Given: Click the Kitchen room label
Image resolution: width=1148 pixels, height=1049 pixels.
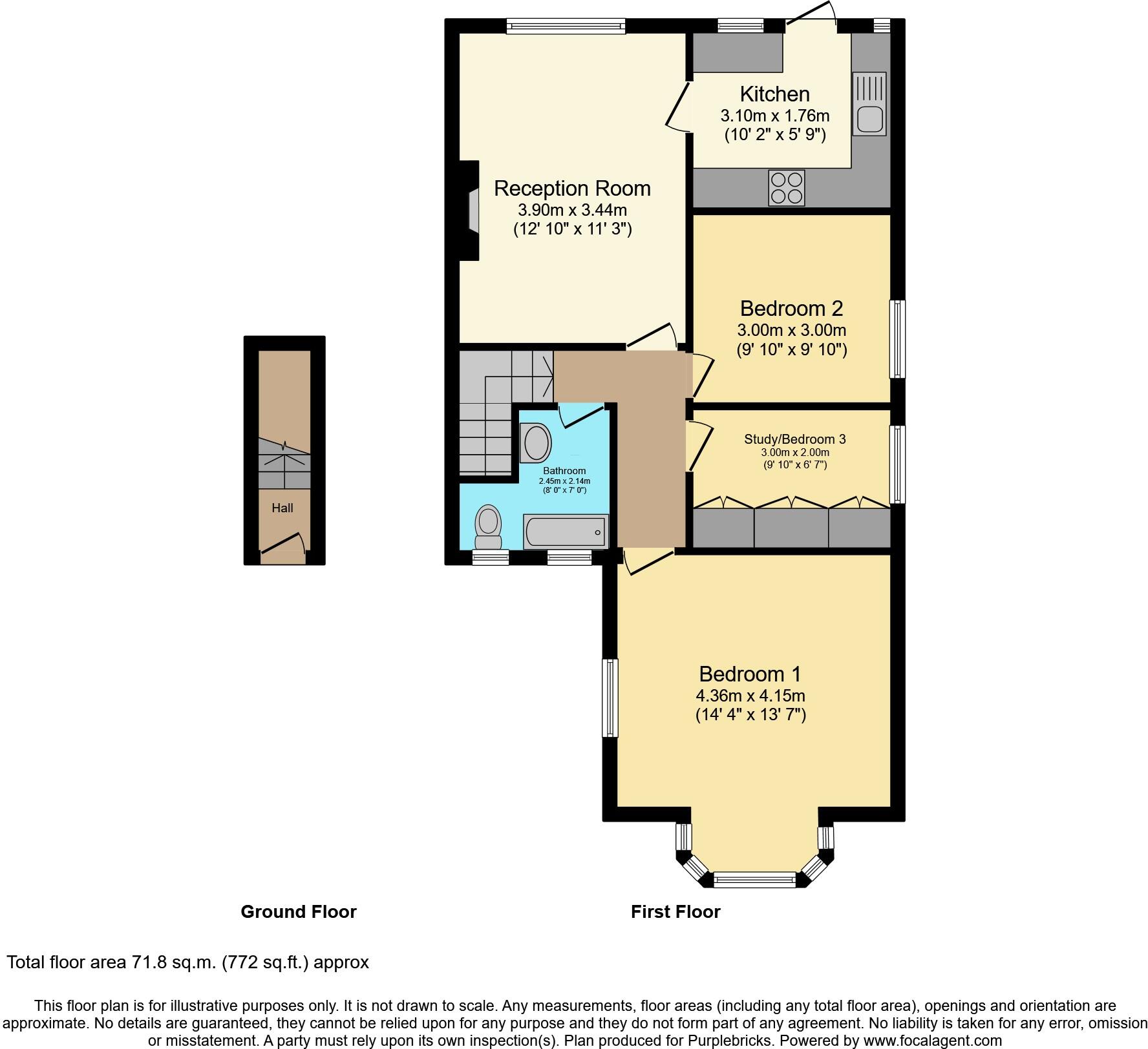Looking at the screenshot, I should click(774, 94).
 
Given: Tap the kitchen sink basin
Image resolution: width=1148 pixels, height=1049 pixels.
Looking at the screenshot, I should click(869, 118).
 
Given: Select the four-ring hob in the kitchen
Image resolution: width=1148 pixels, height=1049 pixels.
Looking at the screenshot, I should click(786, 187).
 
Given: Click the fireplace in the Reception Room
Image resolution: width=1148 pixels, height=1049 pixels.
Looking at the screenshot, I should click(472, 210).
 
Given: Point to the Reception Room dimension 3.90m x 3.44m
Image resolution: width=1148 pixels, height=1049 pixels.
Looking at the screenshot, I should click(572, 210).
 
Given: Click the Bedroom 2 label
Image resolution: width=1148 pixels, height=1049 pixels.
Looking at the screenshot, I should click(791, 309).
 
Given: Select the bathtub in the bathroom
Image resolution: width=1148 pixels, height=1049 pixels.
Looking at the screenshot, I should click(565, 532).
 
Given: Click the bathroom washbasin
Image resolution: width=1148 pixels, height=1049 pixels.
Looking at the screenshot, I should click(536, 443).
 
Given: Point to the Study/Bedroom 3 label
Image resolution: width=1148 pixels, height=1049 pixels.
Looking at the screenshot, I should click(794, 439).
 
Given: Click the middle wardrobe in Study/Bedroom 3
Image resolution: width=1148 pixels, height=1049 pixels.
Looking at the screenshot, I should click(791, 528).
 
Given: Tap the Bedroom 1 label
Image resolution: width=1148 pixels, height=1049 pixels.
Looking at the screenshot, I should click(750, 674).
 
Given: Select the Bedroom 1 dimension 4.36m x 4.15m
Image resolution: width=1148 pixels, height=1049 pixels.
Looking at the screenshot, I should click(750, 696).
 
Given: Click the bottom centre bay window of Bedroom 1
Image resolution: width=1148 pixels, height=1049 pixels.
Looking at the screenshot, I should click(754, 879).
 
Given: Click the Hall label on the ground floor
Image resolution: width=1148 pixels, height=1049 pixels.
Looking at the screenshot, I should click(282, 508).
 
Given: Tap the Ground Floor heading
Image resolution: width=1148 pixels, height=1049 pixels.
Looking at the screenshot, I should click(299, 912).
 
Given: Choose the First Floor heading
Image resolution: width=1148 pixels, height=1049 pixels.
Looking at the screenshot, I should click(675, 912).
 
